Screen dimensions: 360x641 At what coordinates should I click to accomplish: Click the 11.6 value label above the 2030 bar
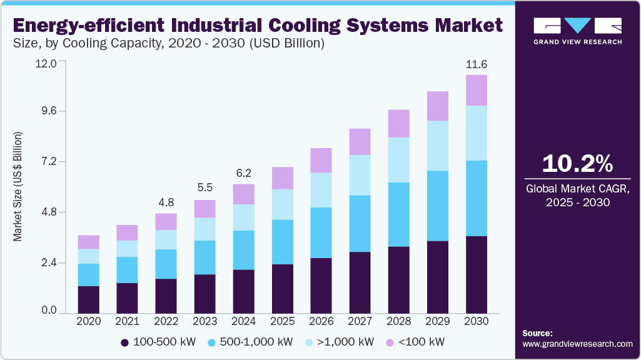point(477,65)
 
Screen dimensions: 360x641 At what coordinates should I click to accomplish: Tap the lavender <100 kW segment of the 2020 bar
point(89,242)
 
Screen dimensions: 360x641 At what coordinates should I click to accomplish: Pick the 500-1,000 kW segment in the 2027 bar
point(360,224)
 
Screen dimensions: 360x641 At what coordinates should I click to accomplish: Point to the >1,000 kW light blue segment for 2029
point(438,146)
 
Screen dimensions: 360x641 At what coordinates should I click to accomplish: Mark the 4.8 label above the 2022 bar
point(166,203)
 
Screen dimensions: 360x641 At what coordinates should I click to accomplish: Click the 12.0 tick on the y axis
point(48,63)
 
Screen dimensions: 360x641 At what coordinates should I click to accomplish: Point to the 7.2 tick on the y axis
point(48,162)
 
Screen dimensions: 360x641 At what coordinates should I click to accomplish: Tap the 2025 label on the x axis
point(283,321)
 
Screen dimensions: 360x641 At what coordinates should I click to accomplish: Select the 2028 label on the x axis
point(399,321)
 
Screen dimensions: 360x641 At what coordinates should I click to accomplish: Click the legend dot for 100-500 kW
point(124,342)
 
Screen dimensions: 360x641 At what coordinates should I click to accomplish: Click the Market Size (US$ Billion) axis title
point(18,187)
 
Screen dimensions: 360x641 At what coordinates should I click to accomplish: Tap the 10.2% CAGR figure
point(577,164)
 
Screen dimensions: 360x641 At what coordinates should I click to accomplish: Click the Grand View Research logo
point(577,31)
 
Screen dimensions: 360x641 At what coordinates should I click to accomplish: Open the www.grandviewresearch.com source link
point(577,344)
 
